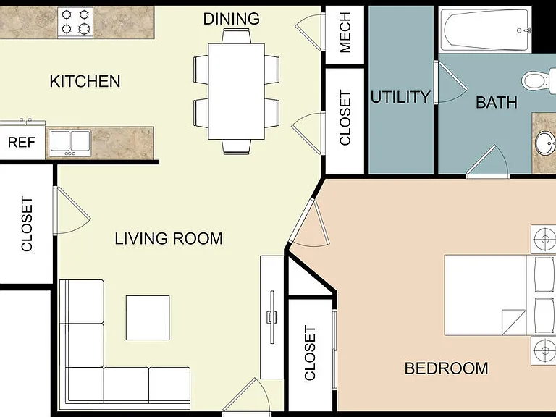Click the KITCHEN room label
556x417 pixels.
[x=85, y=82]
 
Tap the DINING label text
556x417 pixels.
[x=232, y=19]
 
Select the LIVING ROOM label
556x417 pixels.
[x=169, y=238]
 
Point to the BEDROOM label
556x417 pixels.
[x=446, y=368]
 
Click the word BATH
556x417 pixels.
[x=496, y=103]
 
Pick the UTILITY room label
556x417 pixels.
[x=400, y=97]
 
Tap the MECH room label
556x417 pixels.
[x=345, y=33]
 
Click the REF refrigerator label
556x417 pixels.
[x=22, y=143]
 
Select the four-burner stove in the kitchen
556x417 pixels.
[x=75, y=22]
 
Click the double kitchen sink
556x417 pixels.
[x=70, y=143]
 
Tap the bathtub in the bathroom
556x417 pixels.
[x=486, y=30]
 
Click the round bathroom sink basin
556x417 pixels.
[x=545, y=143]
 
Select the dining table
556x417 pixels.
[x=237, y=91]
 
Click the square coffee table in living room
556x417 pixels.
[x=148, y=318]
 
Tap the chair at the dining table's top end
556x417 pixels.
[x=237, y=35]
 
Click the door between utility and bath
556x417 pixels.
[x=449, y=83]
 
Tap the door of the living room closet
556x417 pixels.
[x=71, y=211]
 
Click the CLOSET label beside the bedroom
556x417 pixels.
[x=310, y=353]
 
